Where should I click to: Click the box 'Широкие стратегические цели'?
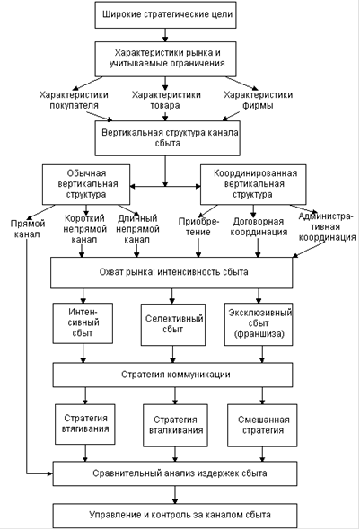click(165, 15)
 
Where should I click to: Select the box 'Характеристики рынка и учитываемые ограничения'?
click(165, 58)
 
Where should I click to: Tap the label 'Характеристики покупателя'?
click(74, 100)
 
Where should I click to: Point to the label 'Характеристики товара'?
click(166, 100)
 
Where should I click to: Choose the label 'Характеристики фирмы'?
click(258, 100)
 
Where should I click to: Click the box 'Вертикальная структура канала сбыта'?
click(168, 138)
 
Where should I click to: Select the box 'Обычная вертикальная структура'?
click(86, 184)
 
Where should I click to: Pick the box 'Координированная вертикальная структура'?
click(253, 184)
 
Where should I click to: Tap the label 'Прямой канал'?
click(27, 229)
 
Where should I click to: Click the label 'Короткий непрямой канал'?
click(84, 229)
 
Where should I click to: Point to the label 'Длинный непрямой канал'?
click(137, 229)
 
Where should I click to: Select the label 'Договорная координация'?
click(259, 226)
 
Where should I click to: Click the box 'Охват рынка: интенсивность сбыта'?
click(171, 273)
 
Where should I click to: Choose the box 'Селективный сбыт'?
click(173, 324)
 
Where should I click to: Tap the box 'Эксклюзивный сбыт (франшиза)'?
click(259, 323)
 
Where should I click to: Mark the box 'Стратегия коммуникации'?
click(172, 375)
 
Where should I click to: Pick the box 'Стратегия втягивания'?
click(85, 424)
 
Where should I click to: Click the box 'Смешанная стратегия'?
click(262, 425)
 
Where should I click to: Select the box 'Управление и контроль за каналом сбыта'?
click(175, 516)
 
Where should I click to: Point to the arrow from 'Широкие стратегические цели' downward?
click(165, 35)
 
